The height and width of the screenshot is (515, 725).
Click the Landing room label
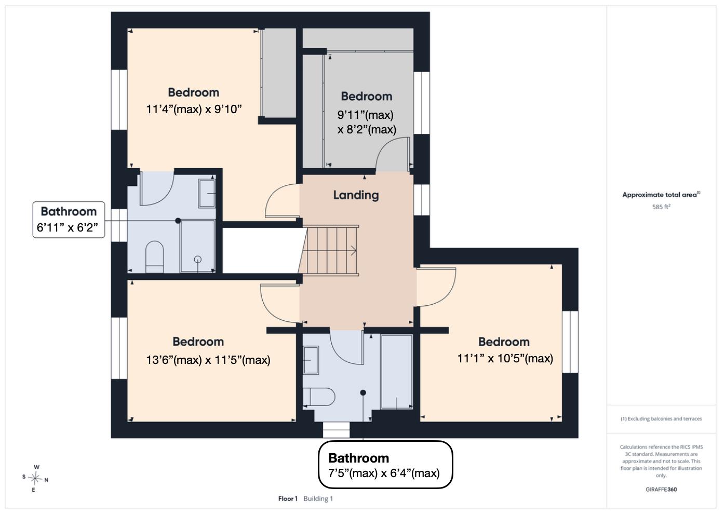356,195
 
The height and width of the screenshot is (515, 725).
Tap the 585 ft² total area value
661,207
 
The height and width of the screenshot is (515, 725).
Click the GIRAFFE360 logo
661,490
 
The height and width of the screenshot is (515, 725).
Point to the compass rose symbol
35,478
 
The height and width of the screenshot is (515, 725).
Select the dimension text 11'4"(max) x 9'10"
194,110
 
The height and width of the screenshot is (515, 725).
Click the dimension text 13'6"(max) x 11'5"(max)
208,360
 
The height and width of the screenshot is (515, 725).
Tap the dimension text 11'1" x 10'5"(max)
505,358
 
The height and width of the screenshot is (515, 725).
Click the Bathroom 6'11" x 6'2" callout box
69,220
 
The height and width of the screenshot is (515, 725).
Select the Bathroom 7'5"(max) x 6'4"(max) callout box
385,465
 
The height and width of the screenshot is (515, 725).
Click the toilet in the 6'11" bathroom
154,257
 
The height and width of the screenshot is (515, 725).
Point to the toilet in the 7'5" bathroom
319,397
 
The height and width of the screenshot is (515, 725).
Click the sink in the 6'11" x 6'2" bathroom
207,194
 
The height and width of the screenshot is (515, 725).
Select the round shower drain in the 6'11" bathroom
198,260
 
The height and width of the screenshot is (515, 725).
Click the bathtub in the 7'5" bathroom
397,372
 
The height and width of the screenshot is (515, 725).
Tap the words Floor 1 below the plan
288,499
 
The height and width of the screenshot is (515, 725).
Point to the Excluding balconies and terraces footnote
661,419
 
